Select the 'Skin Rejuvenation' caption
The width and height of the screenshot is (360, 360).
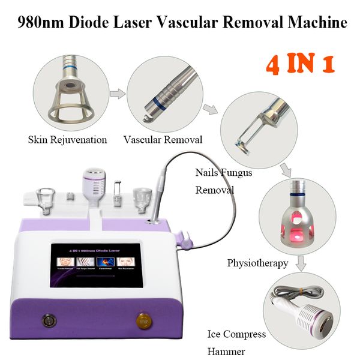[67, 140]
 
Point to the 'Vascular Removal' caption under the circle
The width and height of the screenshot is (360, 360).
[163, 140]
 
